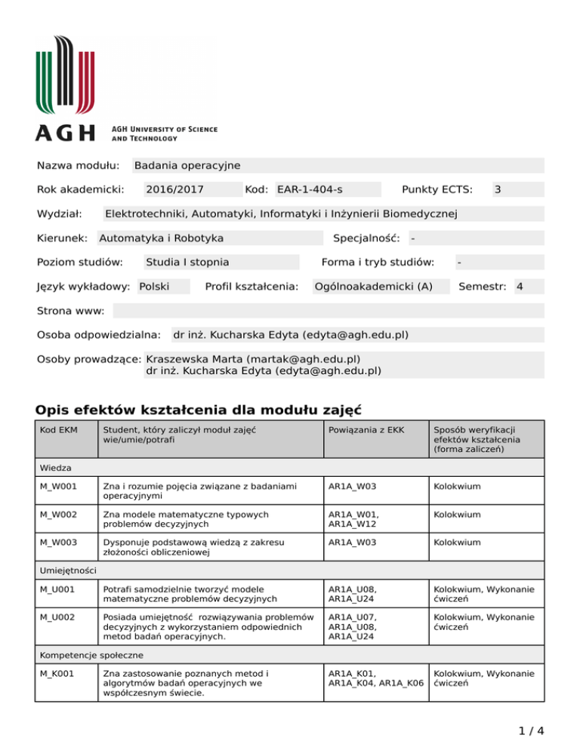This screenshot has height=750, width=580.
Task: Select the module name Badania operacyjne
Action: coord(187,165)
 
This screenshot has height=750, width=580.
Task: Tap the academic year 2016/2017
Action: coord(174,190)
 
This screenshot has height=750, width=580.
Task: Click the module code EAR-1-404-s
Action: coord(315,190)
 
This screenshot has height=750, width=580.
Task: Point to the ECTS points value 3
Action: coord(498,190)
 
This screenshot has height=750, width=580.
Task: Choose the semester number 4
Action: coord(520,287)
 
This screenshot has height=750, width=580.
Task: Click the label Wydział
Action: coord(60,214)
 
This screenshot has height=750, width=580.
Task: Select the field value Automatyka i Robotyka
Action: coord(162,238)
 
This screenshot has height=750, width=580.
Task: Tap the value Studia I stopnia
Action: coord(187,263)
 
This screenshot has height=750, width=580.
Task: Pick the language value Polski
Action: coord(154,287)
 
